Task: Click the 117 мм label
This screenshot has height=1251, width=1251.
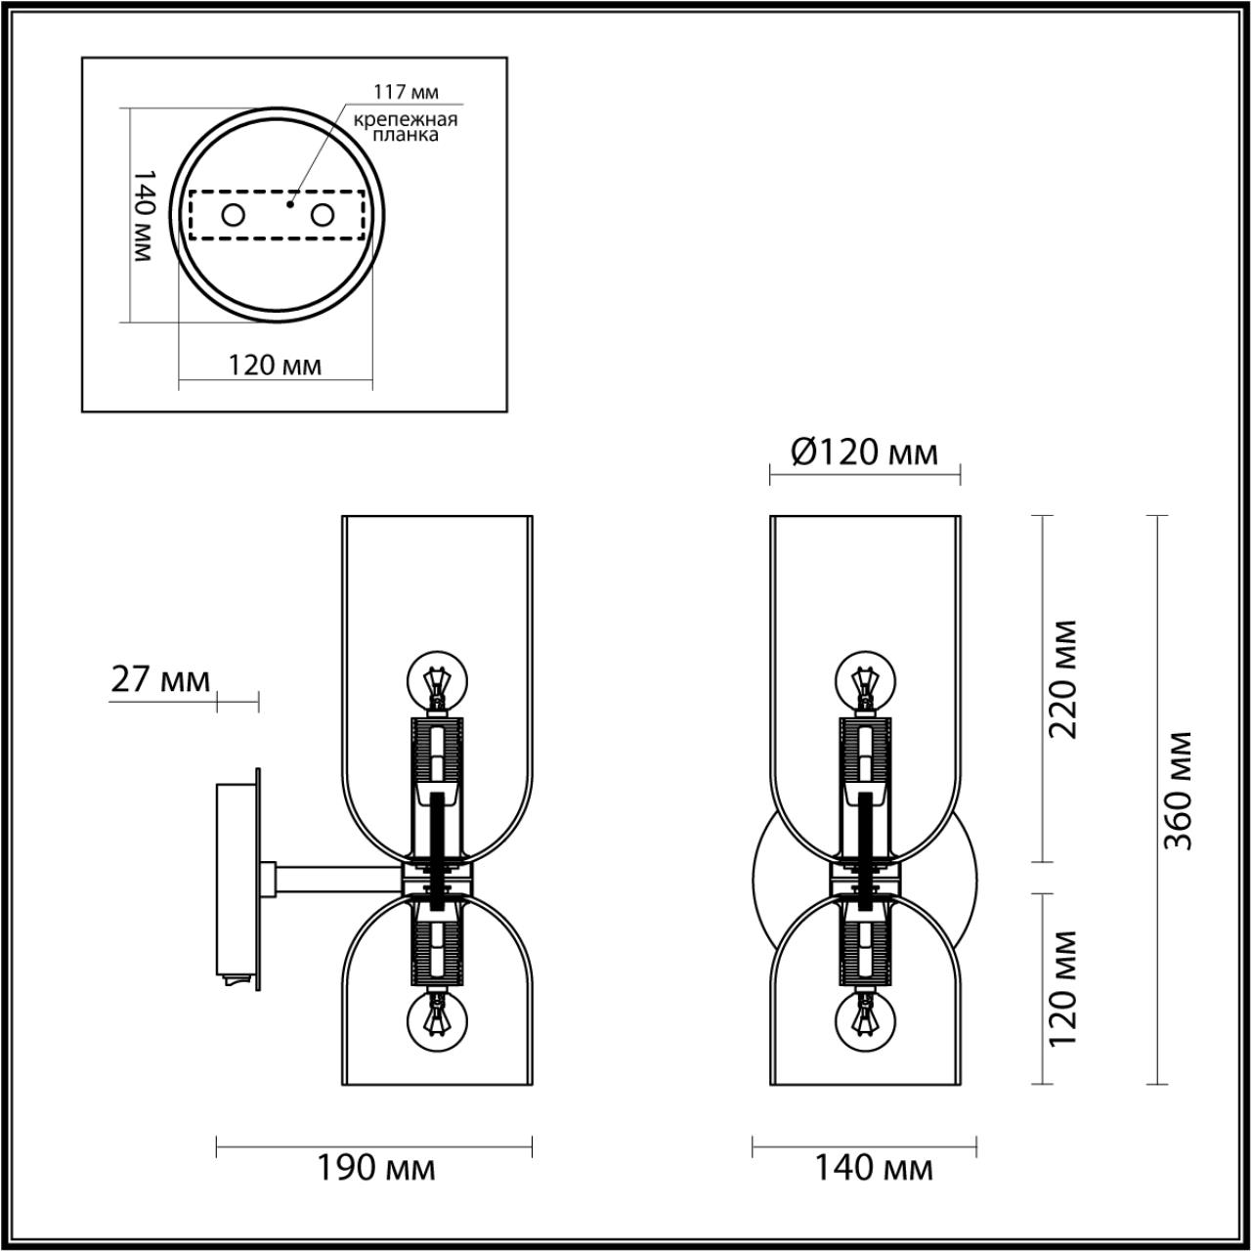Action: pos(406,92)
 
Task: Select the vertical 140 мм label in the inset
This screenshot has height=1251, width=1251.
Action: pos(143,214)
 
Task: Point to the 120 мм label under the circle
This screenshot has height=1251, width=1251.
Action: pos(275,366)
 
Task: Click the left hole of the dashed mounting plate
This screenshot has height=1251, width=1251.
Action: pos(233,215)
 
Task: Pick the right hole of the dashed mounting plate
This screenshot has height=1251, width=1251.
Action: pos(322,215)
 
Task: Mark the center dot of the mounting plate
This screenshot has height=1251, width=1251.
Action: pos(289,205)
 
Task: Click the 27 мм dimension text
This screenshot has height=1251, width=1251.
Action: pos(160,679)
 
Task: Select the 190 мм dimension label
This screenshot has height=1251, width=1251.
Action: pos(375,1168)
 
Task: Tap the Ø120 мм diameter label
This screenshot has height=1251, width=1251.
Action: pos(864,453)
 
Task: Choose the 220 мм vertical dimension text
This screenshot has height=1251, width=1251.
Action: pos(1062,679)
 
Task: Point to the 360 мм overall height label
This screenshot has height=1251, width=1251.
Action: pos(1180,790)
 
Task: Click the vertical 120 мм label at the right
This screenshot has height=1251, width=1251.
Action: pos(1062,987)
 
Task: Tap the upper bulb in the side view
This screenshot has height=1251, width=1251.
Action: pos(437,682)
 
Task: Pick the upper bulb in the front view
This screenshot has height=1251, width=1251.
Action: pos(864,680)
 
